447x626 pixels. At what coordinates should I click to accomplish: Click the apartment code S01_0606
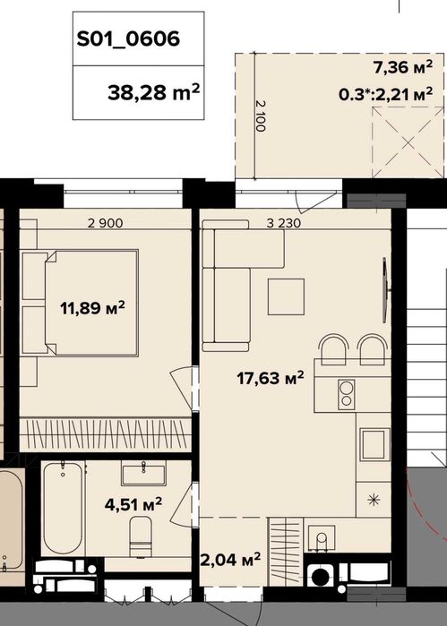[x=128, y=39]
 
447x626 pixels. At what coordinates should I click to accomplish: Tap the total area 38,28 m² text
[x=153, y=92]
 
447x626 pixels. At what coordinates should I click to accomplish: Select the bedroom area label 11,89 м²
[x=92, y=308]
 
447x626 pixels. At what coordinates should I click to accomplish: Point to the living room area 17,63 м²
[x=271, y=377]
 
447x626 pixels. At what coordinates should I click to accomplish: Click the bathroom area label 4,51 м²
[x=133, y=504]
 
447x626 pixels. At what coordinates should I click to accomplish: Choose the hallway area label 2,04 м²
[x=230, y=560]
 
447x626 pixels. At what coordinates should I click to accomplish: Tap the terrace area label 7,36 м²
[x=403, y=67]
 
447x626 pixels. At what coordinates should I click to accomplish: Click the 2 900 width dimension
[x=106, y=223]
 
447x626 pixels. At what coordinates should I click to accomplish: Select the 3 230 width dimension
[x=284, y=223]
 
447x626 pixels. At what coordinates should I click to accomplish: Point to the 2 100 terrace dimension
[x=261, y=116]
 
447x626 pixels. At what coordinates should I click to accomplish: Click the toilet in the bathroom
[x=141, y=536]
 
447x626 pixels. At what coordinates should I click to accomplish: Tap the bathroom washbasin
[x=143, y=473]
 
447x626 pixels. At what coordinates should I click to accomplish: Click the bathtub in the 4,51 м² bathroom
[x=63, y=508]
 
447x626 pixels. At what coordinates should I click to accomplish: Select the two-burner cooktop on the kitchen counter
[x=347, y=394]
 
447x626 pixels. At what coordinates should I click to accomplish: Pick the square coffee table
[x=286, y=297]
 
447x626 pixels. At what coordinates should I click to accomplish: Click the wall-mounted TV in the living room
[x=385, y=290]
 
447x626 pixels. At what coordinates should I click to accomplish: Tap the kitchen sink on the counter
[x=375, y=444]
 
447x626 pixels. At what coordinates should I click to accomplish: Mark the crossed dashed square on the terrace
[x=408, y=142]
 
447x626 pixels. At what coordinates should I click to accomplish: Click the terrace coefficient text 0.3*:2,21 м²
[x=385, y=94]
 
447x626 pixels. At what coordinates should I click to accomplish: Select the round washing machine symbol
[x=321, y=576]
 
